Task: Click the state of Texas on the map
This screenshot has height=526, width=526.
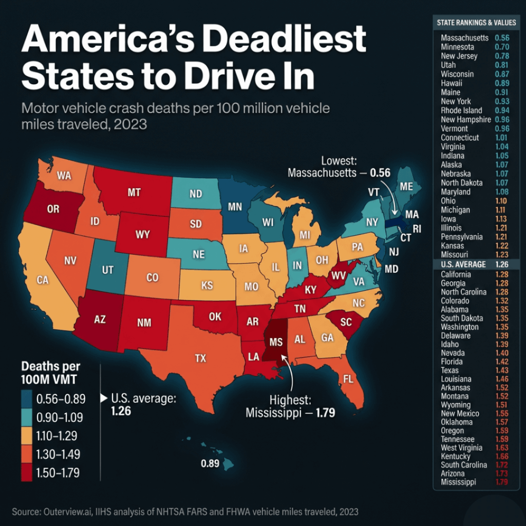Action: point(200,360)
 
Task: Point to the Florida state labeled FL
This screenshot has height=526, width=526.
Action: point(348,380)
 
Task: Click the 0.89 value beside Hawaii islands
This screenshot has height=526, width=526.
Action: point(210,464)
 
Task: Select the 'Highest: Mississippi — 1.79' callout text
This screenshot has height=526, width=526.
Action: point(290,406)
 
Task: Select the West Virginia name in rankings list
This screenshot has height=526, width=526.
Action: point(461,448)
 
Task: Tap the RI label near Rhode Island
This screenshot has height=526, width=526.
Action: point(417,229)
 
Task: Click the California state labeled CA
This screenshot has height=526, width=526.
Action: point(43,280)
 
